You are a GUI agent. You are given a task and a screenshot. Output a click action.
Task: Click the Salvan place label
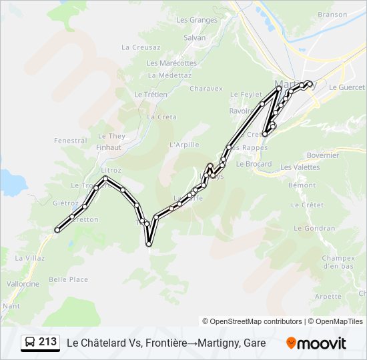(x=194, y=38)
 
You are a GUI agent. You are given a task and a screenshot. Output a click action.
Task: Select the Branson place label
(x=332, y=15)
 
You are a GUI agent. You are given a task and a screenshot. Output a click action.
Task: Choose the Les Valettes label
(x=300, y=167)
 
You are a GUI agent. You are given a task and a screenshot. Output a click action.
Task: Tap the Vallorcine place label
(x=23, y=283)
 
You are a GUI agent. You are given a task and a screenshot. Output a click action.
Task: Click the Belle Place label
(x=68, y=280)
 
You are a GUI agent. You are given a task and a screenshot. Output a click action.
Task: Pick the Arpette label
(x=328, y=297)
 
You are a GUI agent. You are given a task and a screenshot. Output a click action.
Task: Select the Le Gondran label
(x=314, y=228)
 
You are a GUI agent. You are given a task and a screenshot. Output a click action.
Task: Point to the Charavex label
(x=206, y=88)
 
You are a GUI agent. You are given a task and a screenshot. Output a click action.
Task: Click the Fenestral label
(x=70, y=141)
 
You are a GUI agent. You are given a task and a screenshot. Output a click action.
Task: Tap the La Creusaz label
(x=141, y=47)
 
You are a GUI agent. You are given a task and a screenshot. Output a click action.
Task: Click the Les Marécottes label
(x=171, y=63)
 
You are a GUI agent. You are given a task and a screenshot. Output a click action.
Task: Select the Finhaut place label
(x=108, y=147)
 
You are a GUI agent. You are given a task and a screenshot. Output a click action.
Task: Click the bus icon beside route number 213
(x=30, y=343)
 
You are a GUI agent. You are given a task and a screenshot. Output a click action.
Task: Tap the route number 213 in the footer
(x=47, y=342)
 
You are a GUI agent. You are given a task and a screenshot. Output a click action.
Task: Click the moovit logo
(x=316, y=343)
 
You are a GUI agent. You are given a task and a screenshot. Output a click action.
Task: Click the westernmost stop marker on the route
(x=57, y=230)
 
